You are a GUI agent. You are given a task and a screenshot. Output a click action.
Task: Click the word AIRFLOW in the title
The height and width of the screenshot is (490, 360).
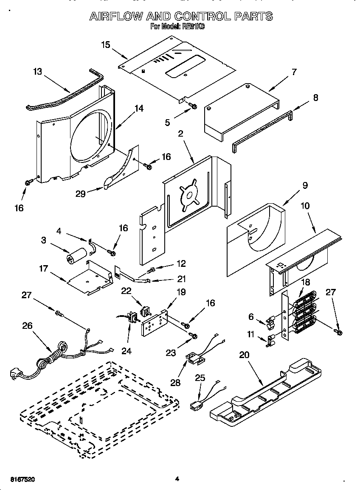tap(115, 17)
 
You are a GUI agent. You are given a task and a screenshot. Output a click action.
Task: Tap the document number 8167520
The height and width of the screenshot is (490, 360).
tap(21, 479)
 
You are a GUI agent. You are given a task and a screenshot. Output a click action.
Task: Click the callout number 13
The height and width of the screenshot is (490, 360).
tap(37, 72)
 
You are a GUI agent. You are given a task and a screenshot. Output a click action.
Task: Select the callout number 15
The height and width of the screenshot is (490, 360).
tap(106, 44)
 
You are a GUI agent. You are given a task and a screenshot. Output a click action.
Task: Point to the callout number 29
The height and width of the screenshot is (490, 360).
tap(80, 193)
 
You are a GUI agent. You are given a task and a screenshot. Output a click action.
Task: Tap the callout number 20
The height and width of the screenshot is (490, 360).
tap(244, 355)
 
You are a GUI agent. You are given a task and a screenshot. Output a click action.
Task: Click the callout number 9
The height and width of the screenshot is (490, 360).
tap(305, 185)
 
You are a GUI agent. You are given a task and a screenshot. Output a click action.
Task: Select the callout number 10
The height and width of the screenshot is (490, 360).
tap(305, 206)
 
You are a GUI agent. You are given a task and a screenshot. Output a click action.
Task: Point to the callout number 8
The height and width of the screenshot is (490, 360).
tap(315, 97)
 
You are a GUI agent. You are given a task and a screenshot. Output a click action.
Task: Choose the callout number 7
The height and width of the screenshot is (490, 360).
tap(293, 72)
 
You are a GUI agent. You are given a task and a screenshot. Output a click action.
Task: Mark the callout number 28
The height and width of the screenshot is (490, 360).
tap(175, 383)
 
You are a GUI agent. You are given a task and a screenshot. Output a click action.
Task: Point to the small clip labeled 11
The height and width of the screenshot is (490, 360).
tap(270, 340)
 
